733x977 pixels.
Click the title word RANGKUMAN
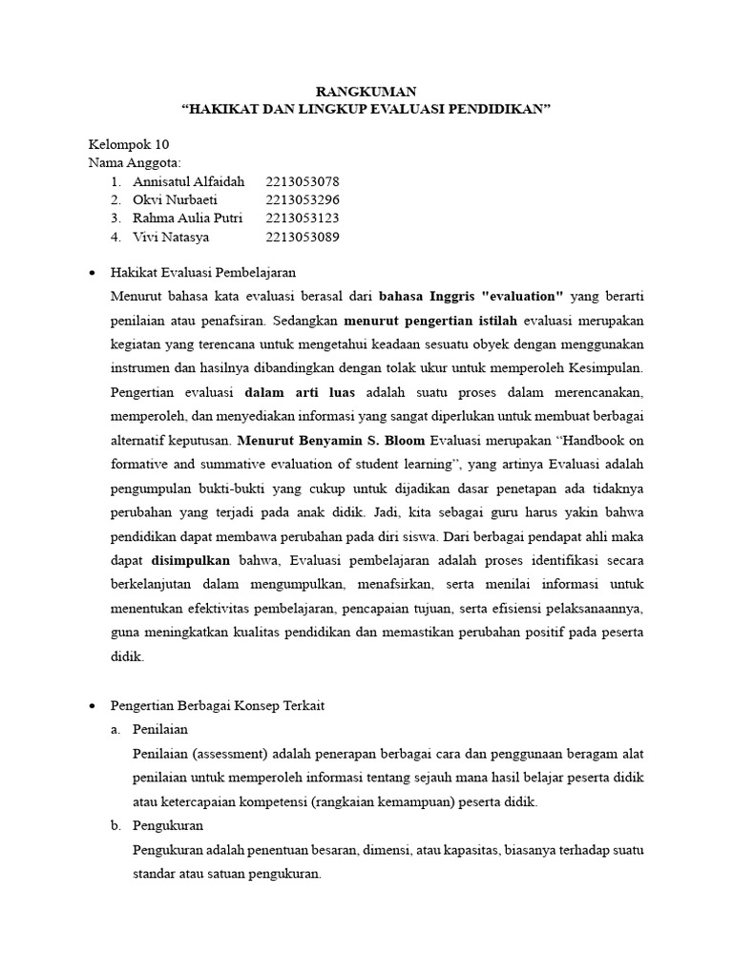(366, 92)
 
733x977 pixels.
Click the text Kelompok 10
(128, 144)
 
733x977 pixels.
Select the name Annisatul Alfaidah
(189, 181)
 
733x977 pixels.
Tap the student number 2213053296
(304, 200)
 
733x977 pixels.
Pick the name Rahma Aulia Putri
(187, 218)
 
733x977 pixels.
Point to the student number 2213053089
(304, 238)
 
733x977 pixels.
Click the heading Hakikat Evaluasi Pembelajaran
(202, 273)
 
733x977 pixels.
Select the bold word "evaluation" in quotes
(520, 296)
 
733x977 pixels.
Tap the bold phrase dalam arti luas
(300, 392)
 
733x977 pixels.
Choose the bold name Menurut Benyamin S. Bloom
(331, 441)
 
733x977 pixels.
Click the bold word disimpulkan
(191, 561)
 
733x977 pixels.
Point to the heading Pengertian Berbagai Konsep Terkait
(218, 705)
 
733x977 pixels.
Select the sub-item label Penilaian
(160, 728)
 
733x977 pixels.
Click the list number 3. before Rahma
(115, 218)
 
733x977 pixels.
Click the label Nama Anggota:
(135, 162)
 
